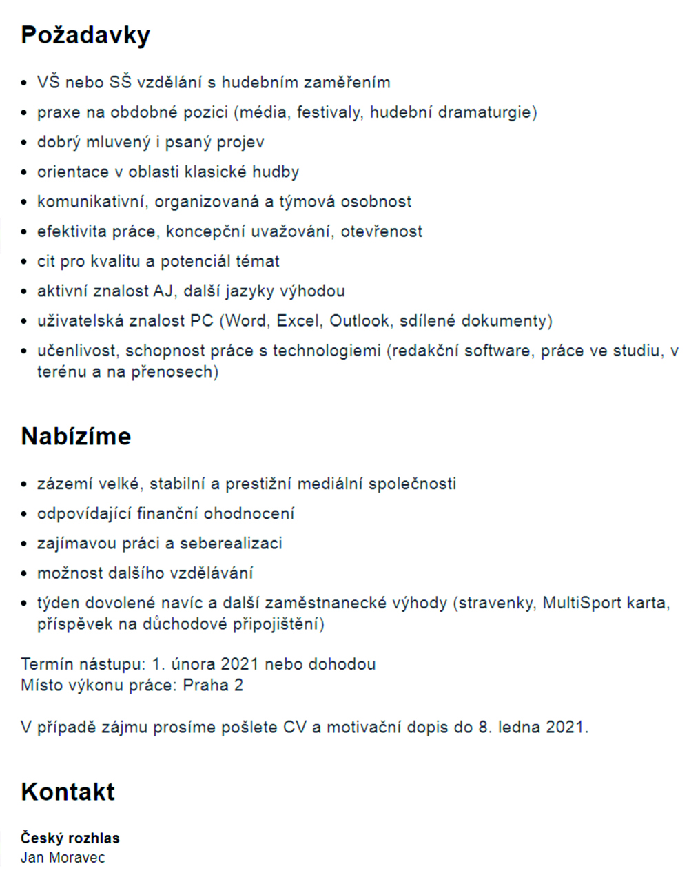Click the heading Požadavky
pyautogui.click(x=85, y=35)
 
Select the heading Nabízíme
pyautogui.click(x=76, y=436)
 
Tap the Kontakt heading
pyautogui.click(x=68, y=792)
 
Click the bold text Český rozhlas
pyautogui.click(x=70, y=838)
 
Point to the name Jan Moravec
pyautogui.click(x=63, y=857)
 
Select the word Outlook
pyautogui.click(x=358, y=321)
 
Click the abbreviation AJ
pyautogui.click(x=163, y=291)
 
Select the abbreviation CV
pyautogui.click(x=294, y=728)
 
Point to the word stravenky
pyautogui.click(x=495, y=604)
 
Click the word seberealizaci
pyautogui.click(x=231, y=544)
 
